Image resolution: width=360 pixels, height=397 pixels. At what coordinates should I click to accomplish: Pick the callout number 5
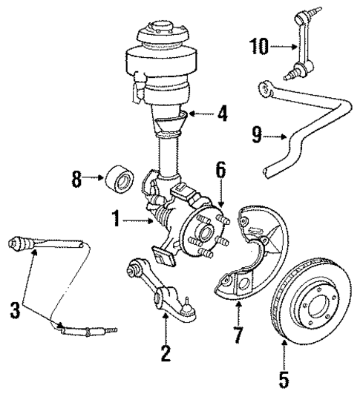point(283,381)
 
